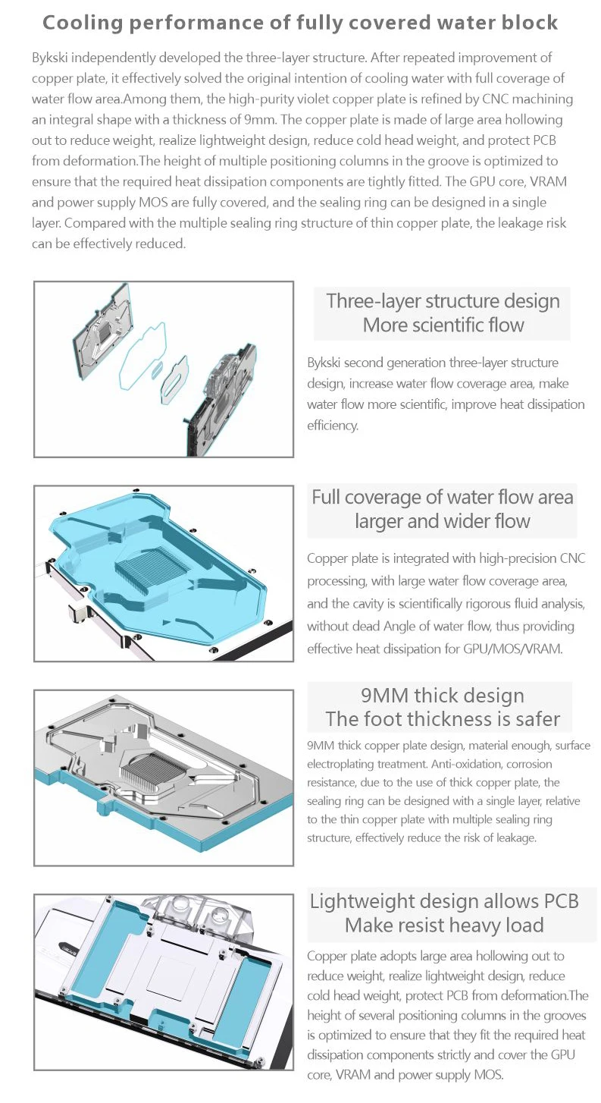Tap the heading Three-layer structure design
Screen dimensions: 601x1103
click(443, 300)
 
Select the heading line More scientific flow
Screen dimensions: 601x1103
click(443, 325)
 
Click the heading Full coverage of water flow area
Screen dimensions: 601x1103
click(443, 498)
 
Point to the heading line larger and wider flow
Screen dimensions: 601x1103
click(443, 522)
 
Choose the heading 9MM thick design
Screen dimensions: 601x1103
click(443, 696)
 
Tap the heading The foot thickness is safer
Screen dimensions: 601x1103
click(443, 719)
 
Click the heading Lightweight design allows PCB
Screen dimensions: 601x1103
click(444, 901)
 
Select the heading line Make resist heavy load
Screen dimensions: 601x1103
click(444, 925)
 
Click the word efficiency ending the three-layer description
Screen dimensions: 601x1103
click(333, 426)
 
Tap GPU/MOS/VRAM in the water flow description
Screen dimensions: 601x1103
click(524, 649)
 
